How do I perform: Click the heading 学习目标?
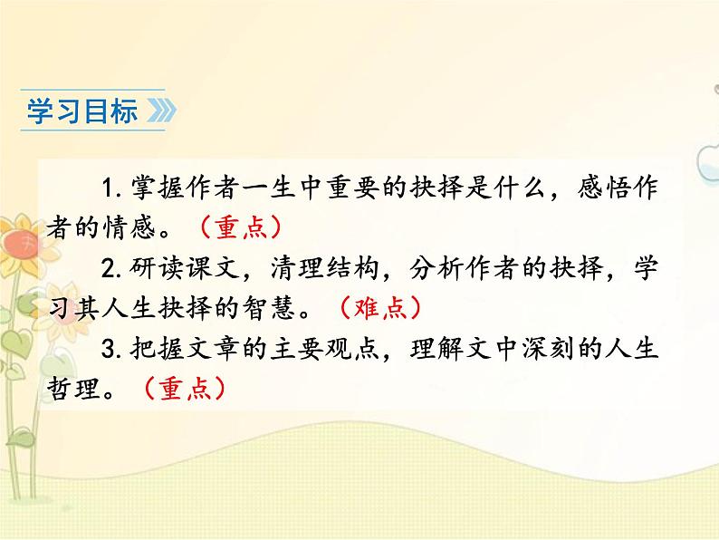click(82, 111)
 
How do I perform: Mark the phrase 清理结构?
click(327, 267)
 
